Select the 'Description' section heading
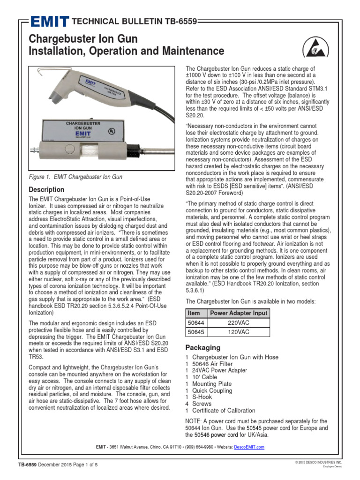click(x=46, y=189)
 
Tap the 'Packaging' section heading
click(x=202, y=347)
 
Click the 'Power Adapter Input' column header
click(x=239, y=313)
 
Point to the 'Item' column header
click(x=194, y=313)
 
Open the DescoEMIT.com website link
click(x=249, y=447)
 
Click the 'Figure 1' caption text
click(x=75, y=177)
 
